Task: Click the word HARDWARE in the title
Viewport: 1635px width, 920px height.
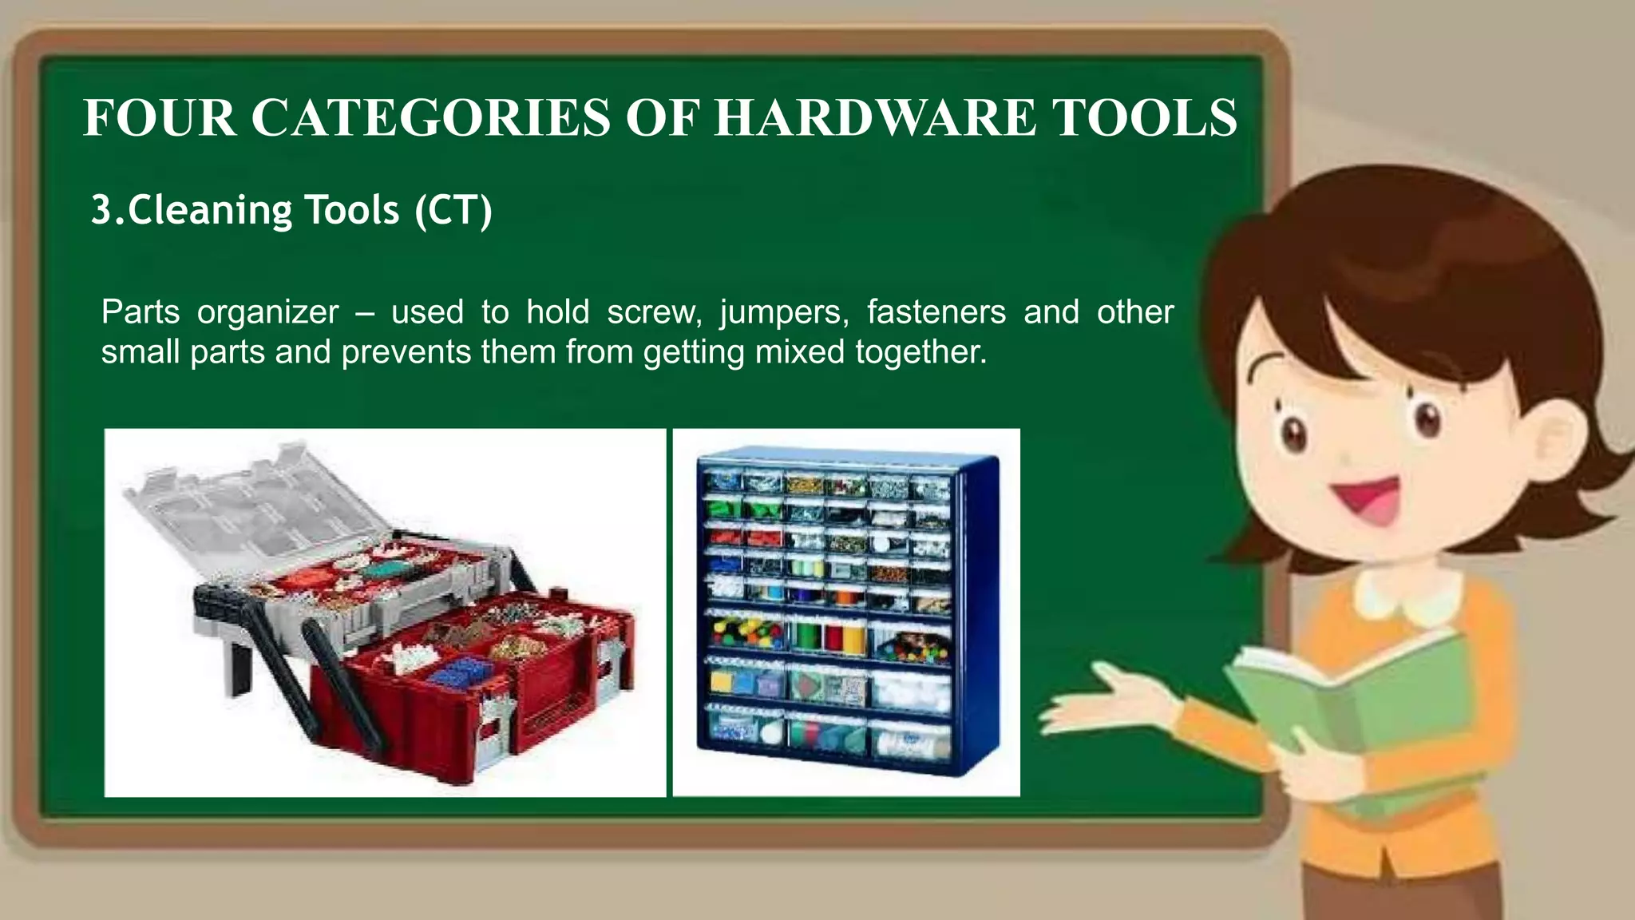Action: [x=875, y=118]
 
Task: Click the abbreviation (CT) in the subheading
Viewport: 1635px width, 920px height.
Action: [x=453, y=211]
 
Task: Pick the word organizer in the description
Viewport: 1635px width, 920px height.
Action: [x=267, y=312]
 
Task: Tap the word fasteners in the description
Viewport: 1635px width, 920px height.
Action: [x=936, y=312]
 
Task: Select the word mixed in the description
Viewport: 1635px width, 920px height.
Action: [x=799, y=352]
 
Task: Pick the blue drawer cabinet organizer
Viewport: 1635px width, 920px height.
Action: [x=846, y=611]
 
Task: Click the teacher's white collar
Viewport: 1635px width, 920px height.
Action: [x=1409, y=595]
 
